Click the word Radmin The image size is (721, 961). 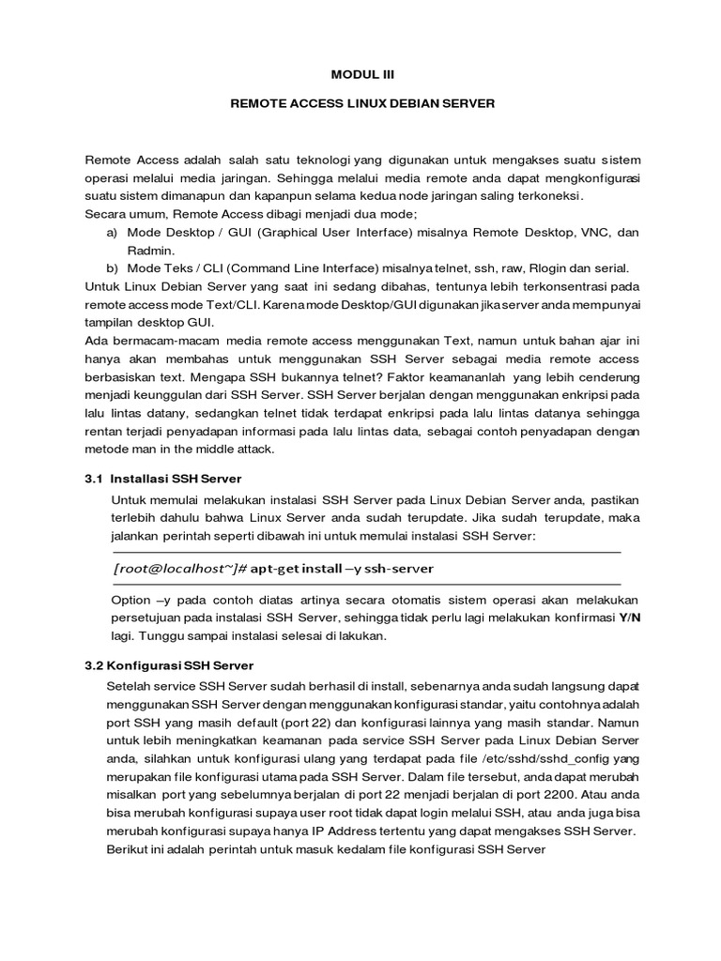click(x=148, y=250)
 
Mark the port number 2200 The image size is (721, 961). click(x=578, y=794)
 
